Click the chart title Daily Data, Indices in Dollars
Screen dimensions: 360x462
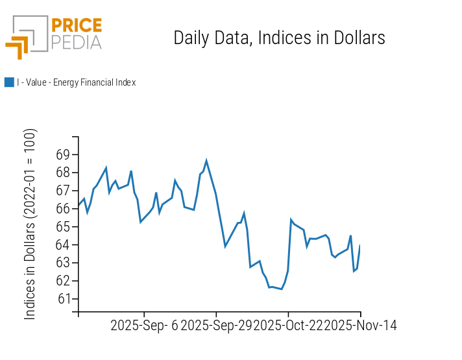click(279, 38)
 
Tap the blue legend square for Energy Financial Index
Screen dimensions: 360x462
click(9, 82)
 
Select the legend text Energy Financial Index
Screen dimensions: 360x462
click(76, 82)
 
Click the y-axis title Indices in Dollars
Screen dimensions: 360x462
click(30, 224)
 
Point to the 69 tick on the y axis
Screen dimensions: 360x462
click(63, 155)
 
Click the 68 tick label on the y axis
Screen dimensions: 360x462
click(63, 173)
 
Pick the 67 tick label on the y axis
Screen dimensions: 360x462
click(63, 191)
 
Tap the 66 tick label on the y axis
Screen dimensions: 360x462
click(63, 209)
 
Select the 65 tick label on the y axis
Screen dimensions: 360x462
click(63, 227)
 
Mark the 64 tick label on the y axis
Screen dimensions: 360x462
click(63, 245)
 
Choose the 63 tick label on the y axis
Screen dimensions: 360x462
click(63, 263)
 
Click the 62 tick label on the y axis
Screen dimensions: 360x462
click(63, 281)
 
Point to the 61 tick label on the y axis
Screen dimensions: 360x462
click(63, 299)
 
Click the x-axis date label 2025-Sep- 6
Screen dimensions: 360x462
click(144, 326)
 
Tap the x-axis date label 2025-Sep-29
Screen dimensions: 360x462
click(216, 326)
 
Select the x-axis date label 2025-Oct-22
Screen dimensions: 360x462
click(289, 326)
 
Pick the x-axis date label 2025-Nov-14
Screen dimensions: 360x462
click(361, 326)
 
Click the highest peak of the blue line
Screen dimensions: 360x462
click(206, 160)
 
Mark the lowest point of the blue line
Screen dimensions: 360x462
click(282, 289)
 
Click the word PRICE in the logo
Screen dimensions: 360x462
click(77, 25)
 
